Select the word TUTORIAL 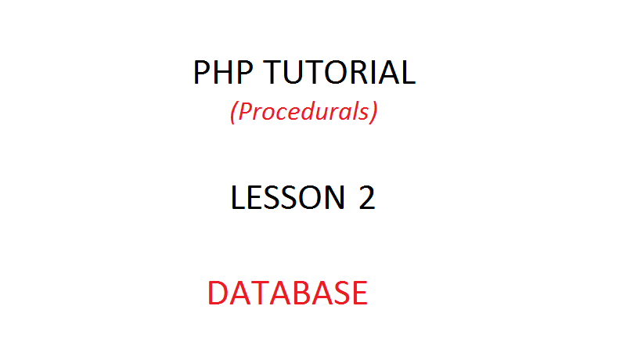[x=340, y=73]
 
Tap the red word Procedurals [x=304, y=113]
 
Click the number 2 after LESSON [x=366, y=198]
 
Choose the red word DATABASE [x=287, y=293]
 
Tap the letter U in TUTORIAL [x=297, y=73]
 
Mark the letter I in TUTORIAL [x=376, y=73]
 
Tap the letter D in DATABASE [x=219, y=293]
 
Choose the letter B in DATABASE [x=297, y=293]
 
